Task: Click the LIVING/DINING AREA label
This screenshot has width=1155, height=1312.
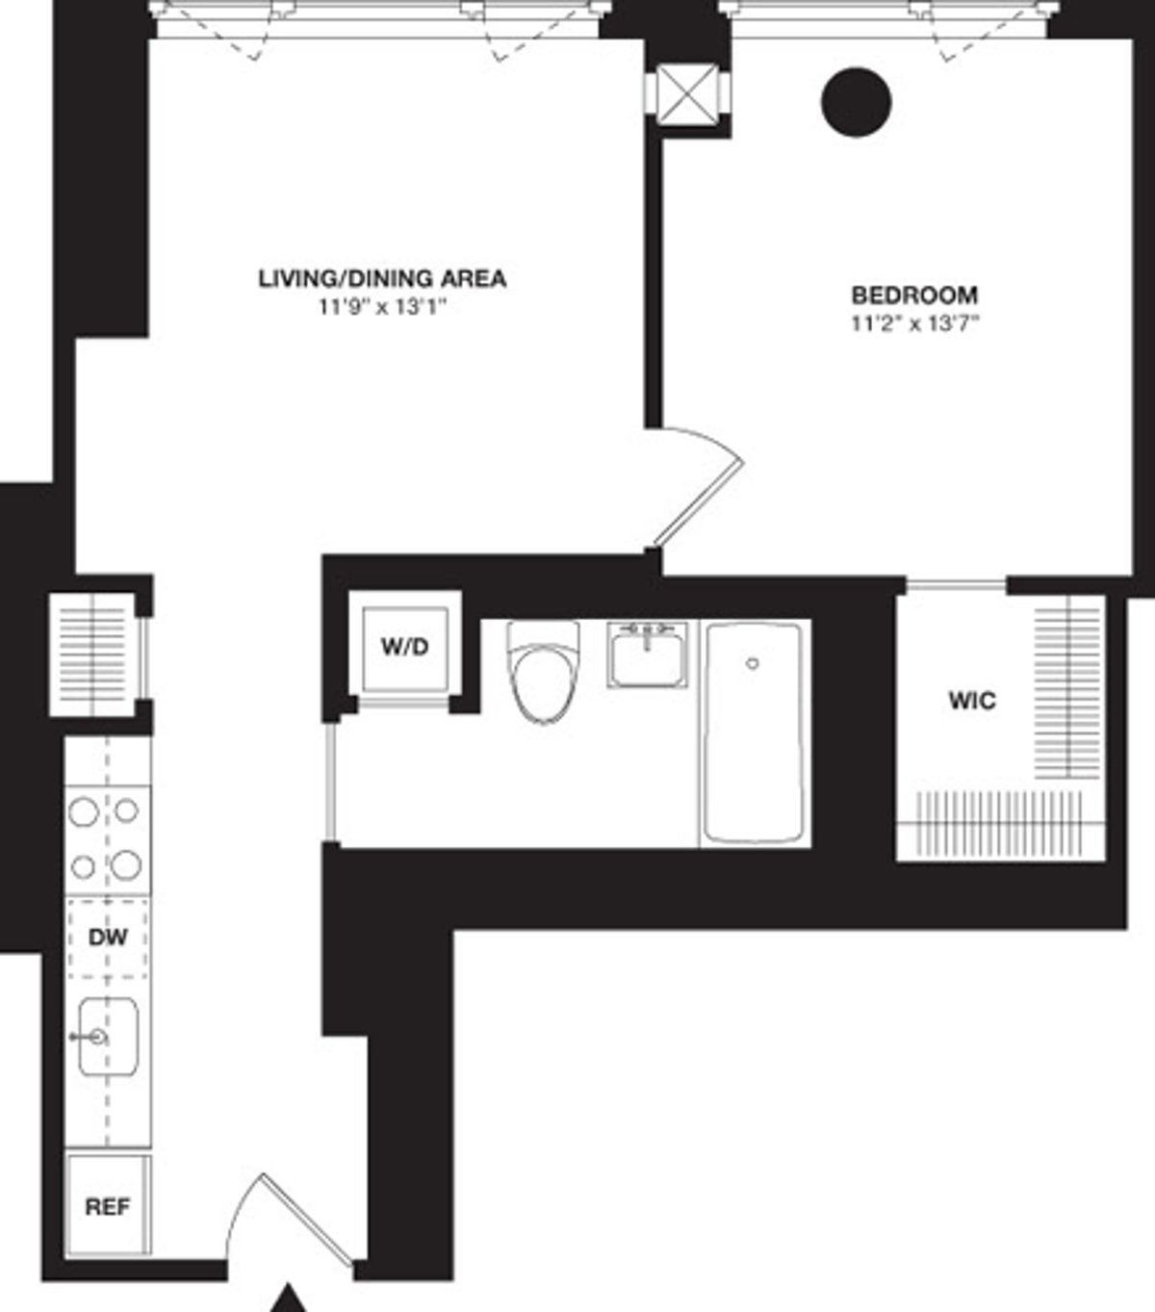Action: point(382,279)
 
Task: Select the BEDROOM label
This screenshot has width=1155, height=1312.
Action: point(913,295)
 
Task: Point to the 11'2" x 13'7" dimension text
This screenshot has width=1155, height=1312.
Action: point(913,323)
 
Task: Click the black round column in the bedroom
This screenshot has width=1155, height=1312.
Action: point(857,101)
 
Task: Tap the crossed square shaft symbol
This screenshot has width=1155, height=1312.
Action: point(685,96)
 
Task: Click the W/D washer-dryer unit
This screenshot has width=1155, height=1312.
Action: point(404,648)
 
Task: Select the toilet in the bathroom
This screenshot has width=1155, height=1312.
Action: point(544,674)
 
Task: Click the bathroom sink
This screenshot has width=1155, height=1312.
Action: point(647,655)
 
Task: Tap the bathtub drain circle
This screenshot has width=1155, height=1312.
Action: point(753,663)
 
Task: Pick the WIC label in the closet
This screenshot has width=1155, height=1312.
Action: point(972,701)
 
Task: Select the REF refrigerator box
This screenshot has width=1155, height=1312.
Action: point(108,1206)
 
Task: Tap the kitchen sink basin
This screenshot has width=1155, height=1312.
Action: point(108,1037)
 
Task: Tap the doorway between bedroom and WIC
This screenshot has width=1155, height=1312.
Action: point(956,583)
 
